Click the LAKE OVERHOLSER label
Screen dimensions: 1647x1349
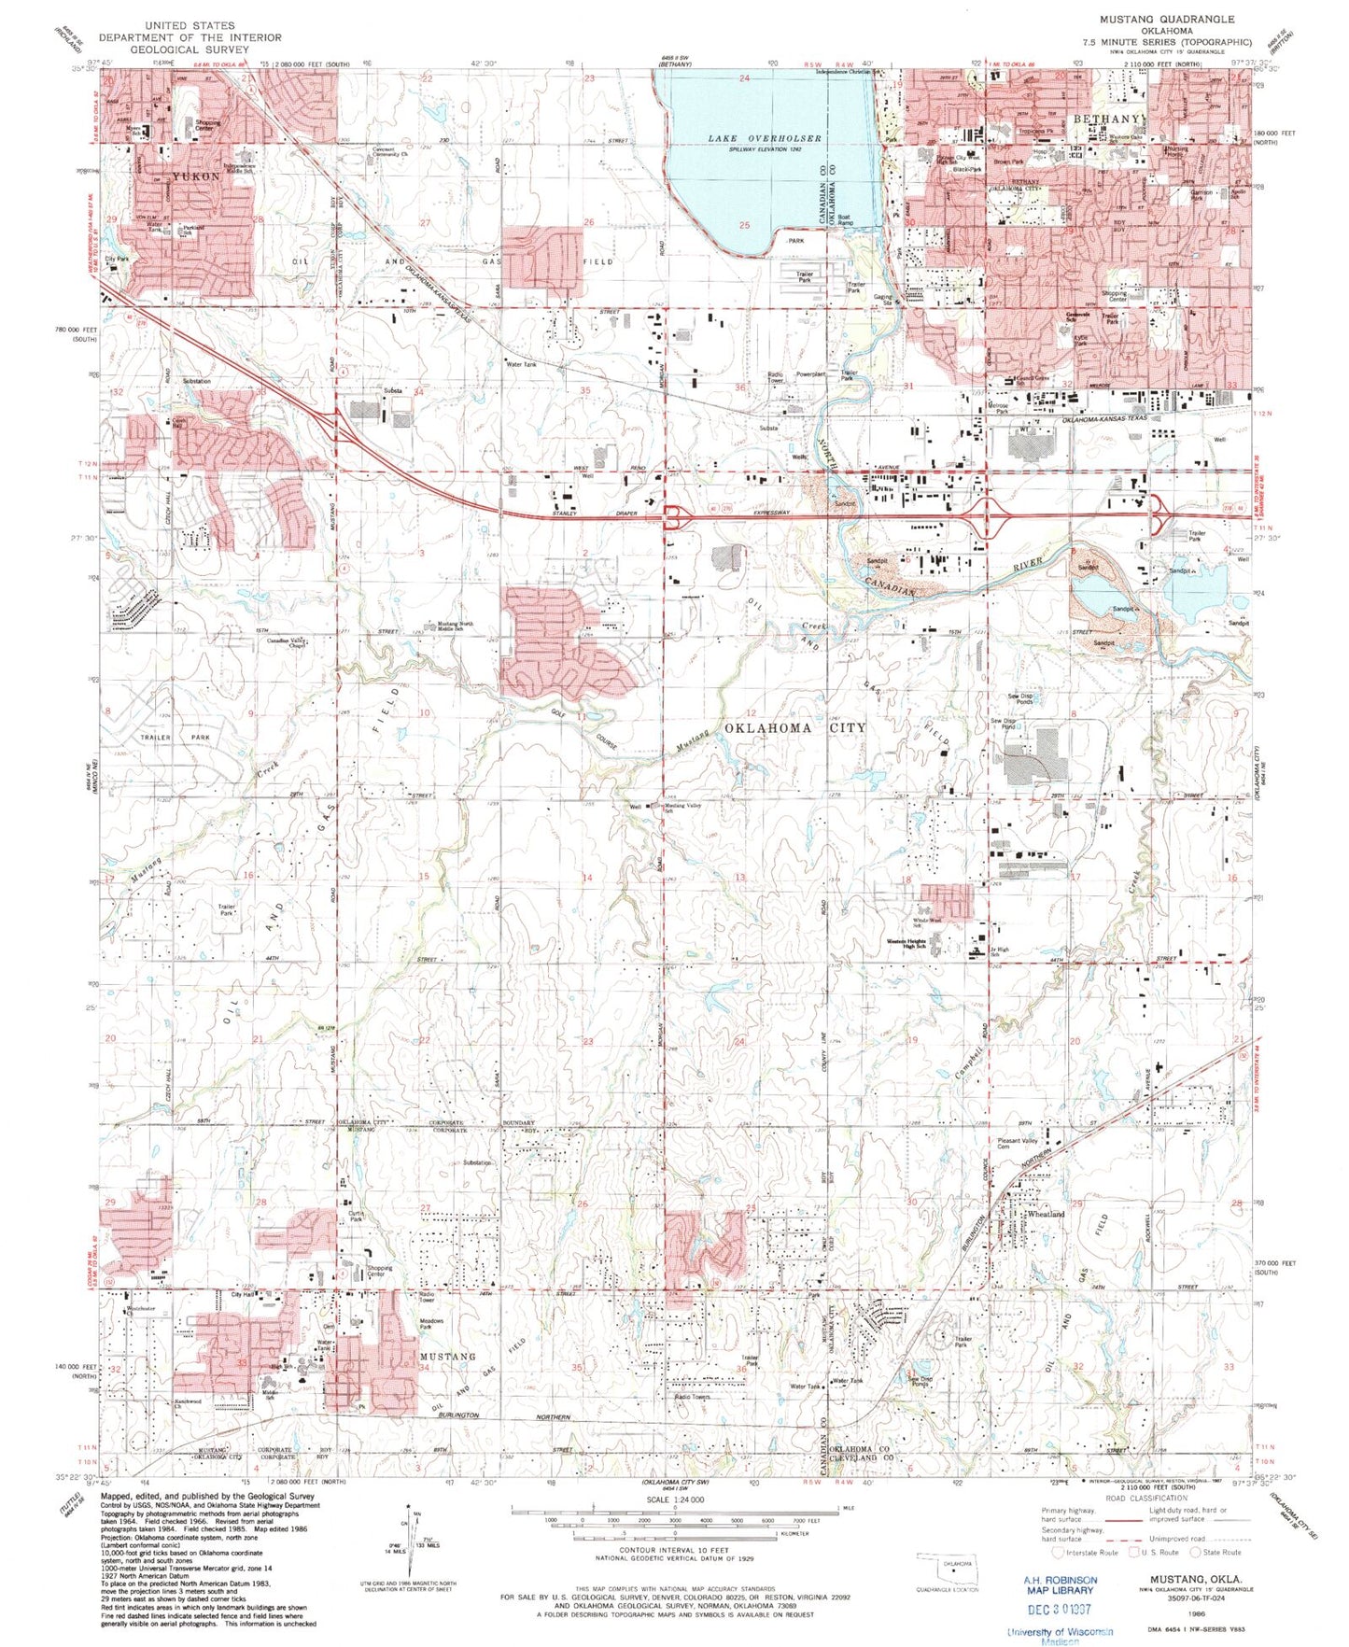[764, 138]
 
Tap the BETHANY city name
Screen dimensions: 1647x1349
[1106, 120]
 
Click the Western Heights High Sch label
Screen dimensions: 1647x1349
[906, 944]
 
